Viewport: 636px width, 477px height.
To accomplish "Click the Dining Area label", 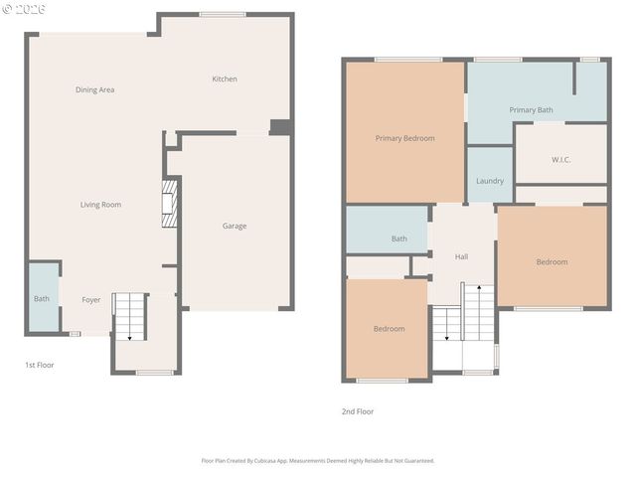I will pos(95,90).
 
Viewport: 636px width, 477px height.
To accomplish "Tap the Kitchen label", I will pos(225,79).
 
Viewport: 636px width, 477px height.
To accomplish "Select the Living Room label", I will pos(101,205).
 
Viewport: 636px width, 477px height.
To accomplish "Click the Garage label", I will pos(235,227).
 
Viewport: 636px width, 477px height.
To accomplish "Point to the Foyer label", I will pos(91,299).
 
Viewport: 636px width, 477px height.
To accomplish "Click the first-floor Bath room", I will pos(42,298).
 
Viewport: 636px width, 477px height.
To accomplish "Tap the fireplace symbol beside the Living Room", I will pos(170,204).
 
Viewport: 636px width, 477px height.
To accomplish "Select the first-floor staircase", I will pos(130,316).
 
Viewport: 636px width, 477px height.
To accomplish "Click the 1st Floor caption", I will pos(40,365).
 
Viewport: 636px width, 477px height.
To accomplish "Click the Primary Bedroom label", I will pos(404,138).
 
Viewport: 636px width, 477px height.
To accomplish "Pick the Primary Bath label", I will pos(531,109).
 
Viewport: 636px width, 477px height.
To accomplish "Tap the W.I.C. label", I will pos(560,160).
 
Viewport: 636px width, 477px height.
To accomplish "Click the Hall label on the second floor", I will pos(462,256).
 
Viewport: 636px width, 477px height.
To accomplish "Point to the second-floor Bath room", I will pos(398,238).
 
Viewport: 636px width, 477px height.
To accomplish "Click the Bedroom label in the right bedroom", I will pos(552,262).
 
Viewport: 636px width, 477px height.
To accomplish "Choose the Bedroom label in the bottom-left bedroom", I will pos(389,329).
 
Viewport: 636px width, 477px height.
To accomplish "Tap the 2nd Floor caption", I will pos(358,411).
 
